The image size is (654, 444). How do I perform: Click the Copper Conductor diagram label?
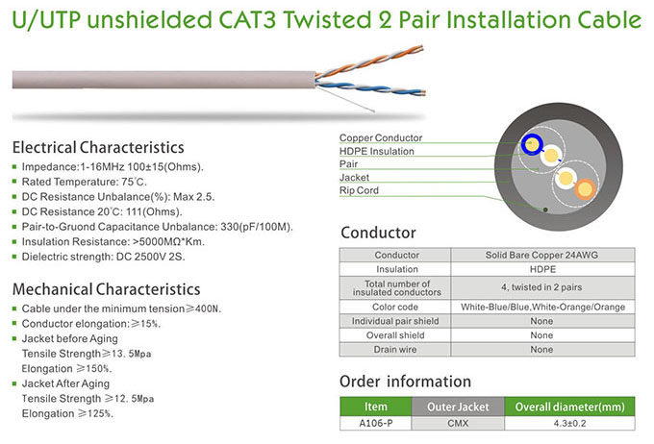pos(380,138)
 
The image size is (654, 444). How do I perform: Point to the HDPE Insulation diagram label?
pos(376,151)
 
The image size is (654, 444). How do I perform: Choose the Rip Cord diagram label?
pos(360,190)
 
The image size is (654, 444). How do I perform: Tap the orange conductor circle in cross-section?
pos(584,190)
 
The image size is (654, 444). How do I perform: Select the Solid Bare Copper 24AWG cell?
pos(541,255)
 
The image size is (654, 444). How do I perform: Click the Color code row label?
pos(395,306)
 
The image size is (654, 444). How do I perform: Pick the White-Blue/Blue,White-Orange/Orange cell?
pos(541,306)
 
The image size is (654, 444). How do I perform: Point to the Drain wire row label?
pos(395,349)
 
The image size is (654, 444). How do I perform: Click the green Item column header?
pos(376,407)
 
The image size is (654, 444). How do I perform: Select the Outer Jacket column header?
pos(458,407)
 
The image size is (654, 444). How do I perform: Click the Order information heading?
pos(405,382)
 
